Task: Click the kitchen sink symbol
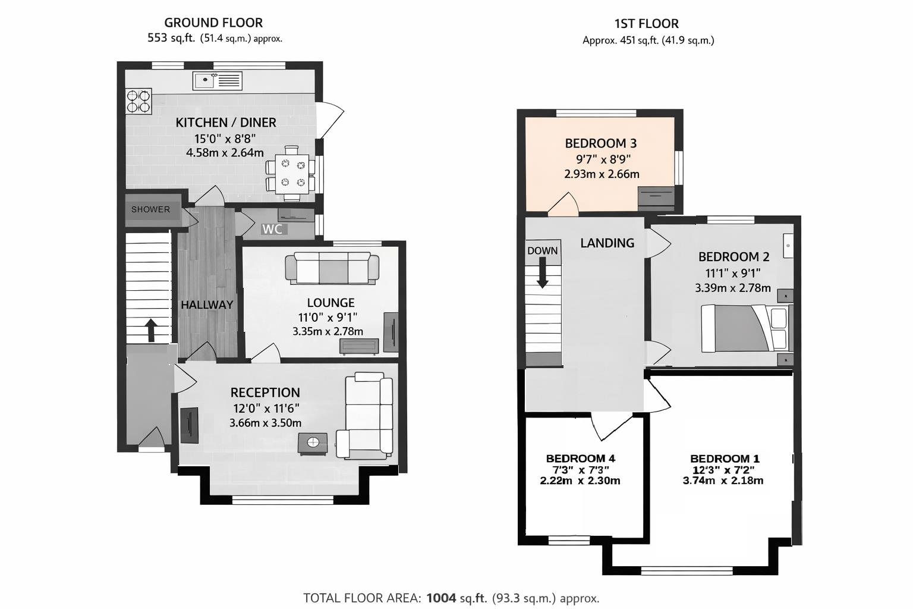(217, 81)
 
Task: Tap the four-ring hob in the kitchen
(138, 101)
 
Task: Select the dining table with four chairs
(291, 173)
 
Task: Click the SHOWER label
(150, 209)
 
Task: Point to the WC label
(272, 230)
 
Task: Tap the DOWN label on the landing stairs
(542, 251)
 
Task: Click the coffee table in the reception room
(313, 442)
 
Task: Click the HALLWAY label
(207, 304)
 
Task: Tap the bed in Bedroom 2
(746, 328)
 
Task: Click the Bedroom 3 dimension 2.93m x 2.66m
(602, 174)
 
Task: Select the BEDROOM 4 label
(580, 459)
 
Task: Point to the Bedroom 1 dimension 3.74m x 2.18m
(723, 481)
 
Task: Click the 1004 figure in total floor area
(440, 598)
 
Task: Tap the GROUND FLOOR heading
(213, 23)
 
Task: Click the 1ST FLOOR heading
(646, 24)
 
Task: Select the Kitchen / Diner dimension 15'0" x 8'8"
(225, 139)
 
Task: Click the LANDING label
(607, 243)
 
